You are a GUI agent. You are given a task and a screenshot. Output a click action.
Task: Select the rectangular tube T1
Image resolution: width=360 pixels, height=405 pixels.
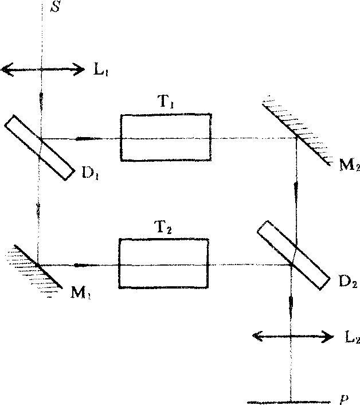[165, 138]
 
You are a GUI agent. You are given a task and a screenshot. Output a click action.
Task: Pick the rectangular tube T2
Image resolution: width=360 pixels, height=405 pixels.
[163, 264]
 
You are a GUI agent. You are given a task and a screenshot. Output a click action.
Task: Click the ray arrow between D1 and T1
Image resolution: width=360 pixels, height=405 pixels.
[86, 138]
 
